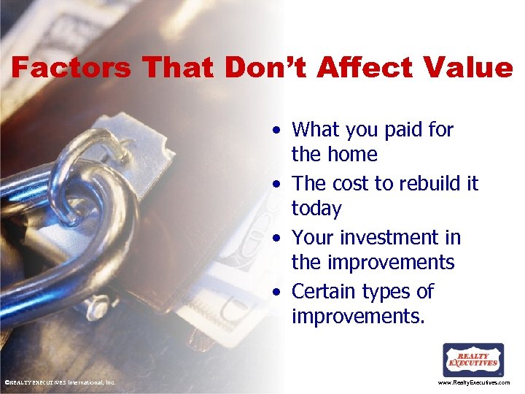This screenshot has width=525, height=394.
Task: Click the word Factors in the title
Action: pos(71,68)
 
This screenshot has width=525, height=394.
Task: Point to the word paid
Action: pos(405,130)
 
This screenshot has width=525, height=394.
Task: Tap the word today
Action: pos(316,209)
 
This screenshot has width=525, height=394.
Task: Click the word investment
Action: pos(389,238)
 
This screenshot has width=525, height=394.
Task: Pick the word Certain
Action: pos(326,292)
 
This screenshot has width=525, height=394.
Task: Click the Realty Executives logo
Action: pos(473,360)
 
